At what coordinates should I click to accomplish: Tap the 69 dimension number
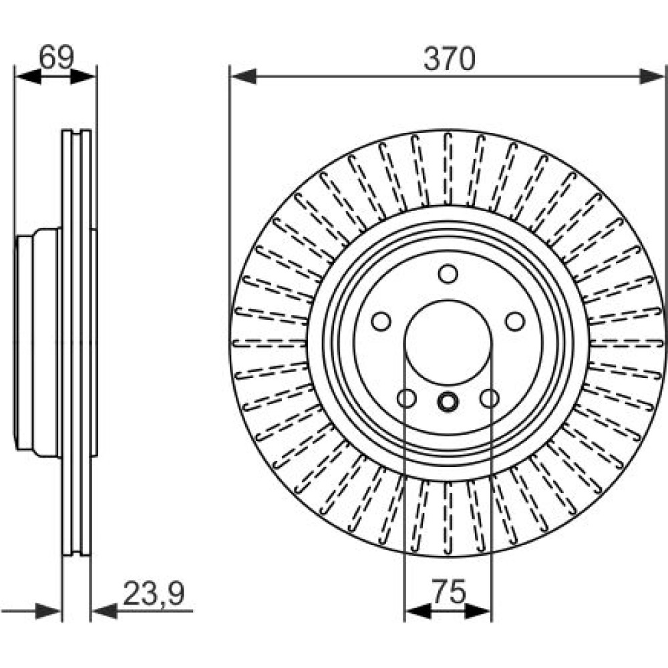coord(55,58)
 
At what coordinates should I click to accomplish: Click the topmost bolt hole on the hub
coord(448,273)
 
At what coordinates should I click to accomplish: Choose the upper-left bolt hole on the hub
coord(381,321)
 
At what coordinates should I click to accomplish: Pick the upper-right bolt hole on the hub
coord(514,321)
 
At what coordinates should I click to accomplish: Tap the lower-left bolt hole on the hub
coord(406,399)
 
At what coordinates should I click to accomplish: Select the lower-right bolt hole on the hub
coord(490,399)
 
